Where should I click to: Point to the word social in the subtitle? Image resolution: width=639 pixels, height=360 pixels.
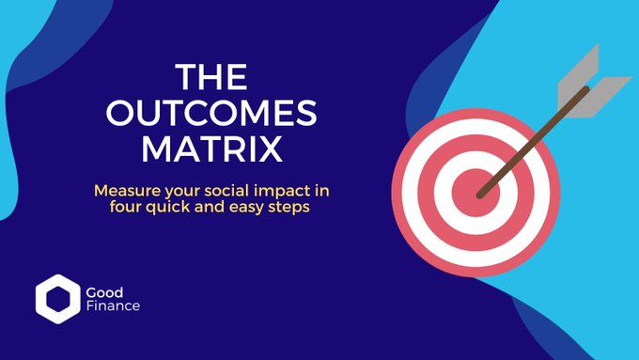point(220,190)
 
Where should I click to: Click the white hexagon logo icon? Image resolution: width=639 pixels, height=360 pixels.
point(54,297)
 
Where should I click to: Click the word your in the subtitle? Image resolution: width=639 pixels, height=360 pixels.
point(176,190)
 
